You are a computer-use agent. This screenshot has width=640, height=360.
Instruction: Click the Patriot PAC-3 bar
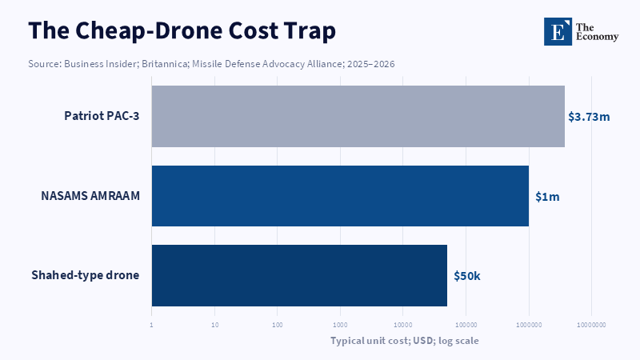click(358, 116)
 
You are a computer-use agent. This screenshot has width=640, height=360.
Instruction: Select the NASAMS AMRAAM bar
click(340, 196)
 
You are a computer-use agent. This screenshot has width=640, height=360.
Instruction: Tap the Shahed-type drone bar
click(299, 275)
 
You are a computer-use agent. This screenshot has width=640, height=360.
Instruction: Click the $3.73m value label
click(589, 117)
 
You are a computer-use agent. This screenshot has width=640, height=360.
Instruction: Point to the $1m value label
click(547, 197)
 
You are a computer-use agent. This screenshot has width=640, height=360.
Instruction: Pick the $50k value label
click(467, 276)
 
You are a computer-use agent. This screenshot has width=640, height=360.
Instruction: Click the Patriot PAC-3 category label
click(102, 116)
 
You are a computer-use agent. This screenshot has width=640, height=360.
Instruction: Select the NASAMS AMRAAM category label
click(90, 196)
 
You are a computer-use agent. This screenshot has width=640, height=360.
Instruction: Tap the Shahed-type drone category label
click(86, 275)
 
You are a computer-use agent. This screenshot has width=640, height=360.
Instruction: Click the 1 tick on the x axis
click(151, 326)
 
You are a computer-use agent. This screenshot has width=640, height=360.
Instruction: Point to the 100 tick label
click(277, 326)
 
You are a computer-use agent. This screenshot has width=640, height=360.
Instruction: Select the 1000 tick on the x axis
click(340, 326)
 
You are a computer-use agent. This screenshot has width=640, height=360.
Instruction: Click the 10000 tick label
click(403, 326)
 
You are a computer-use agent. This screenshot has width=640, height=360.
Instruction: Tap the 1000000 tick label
click(529, 326)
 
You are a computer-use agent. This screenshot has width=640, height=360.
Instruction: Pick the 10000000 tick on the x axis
click(591, 326)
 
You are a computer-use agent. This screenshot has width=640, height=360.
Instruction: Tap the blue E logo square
click(558, 31)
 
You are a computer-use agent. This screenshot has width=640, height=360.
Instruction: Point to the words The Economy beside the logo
click(597, 32)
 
